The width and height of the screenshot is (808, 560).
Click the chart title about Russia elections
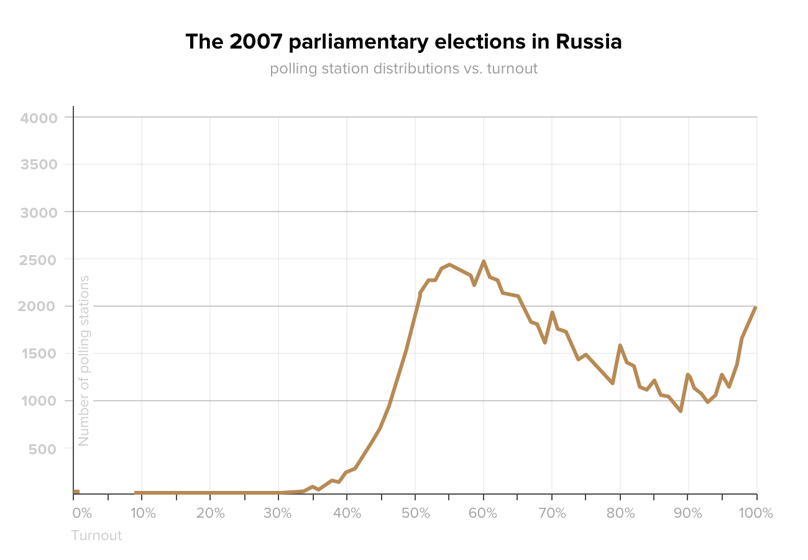[x=403, y=42]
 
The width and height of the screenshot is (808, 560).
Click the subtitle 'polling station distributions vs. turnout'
[x=403, y=68]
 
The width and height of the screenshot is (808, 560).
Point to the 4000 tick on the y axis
[x=39, y=118]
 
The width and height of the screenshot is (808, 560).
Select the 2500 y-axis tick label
[x=39, y=259]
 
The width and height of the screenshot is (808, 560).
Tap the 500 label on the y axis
[x=43, y=449]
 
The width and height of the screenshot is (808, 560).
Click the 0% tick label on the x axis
[x=82, y=514]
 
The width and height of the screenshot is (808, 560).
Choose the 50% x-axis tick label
[x=416, y=514]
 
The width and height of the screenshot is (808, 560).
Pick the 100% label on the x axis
[x=756, y=514]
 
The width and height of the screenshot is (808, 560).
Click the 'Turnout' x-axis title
[x=96, y=536]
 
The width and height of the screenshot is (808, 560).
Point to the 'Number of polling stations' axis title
[x=85, y=360]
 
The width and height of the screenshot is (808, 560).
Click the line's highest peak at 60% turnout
[x=484, y=261]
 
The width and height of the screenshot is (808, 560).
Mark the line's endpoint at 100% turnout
[x=756, y=307]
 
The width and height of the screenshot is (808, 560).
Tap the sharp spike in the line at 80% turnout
[x=620, y=345]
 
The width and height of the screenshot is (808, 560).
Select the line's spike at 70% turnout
[x=552, y=312]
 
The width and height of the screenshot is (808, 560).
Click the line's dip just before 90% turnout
[x=681, y=411]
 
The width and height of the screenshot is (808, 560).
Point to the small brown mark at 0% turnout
[x=76, y=492]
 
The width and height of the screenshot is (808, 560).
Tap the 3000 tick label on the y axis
[x=39, y=212]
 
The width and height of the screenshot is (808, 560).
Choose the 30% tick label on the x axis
[x=278, y=514]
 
